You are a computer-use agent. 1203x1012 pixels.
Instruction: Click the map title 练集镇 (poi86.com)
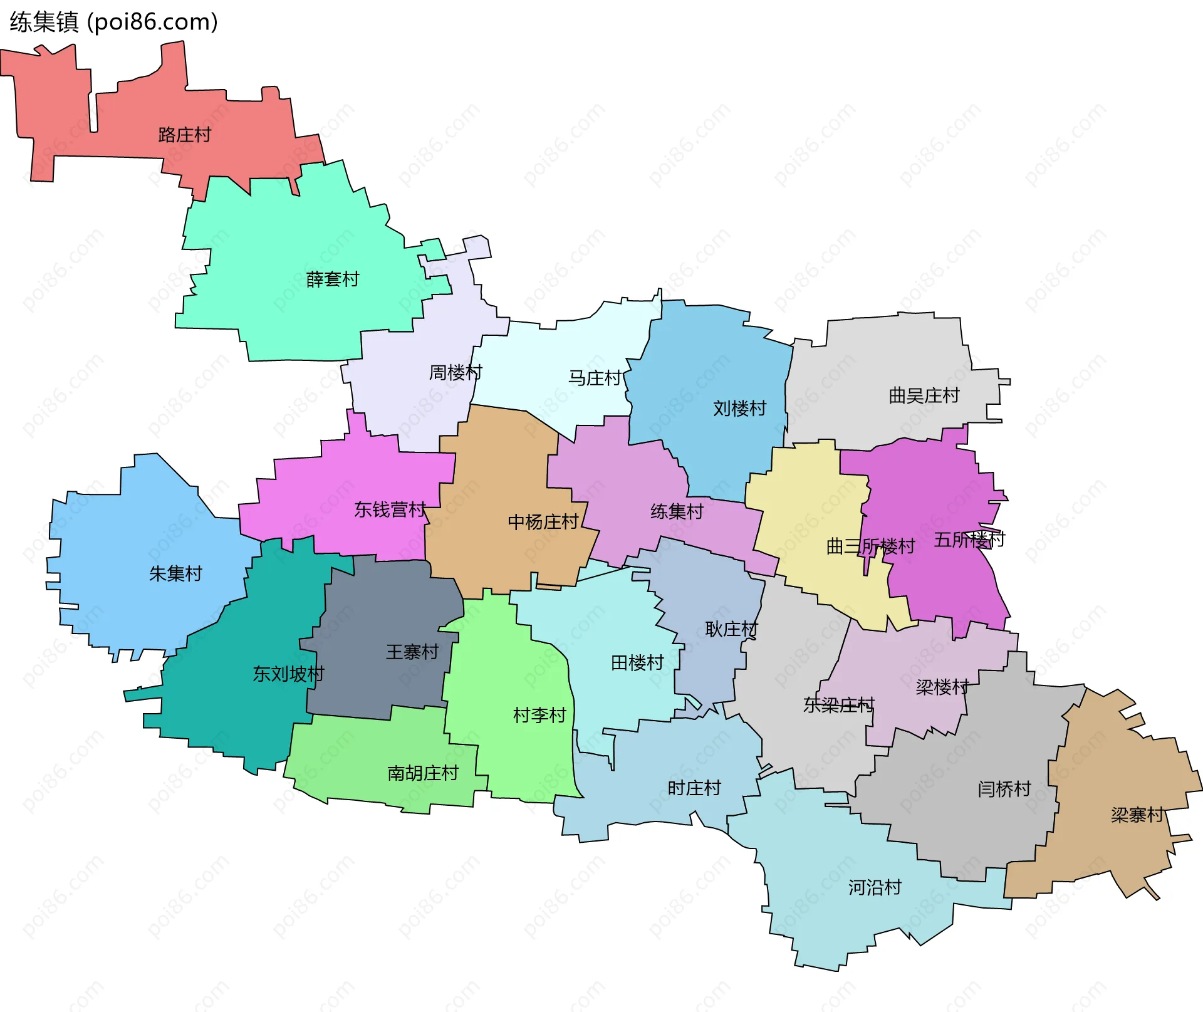[x=113, y=23]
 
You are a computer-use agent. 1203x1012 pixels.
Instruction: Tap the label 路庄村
[x=185, y=135]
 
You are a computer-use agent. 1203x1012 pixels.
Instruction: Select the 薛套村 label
[x=333, y=279]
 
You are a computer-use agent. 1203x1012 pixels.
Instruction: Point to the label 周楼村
[x=456, y=373]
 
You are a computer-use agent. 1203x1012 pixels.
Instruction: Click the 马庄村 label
[x=595, y=378]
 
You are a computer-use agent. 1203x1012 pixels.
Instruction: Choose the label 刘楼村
[x=740, y=409]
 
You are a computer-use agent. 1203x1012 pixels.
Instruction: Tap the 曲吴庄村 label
[x=924, y=395]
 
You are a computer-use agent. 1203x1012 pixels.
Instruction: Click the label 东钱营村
[x=390, y=509]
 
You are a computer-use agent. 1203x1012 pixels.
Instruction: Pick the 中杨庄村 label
[x=543, y=522]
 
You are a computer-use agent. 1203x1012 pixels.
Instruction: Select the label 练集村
[x=677, y=511]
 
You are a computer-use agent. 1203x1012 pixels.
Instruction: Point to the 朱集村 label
[x=176, y=573]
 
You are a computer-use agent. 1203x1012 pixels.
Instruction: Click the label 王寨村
[x=412, y=652]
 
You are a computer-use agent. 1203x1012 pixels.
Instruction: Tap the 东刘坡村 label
[x=288, y=674]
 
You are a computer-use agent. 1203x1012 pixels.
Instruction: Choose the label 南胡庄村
[x=423, y=773]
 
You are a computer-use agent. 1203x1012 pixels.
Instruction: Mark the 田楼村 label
[x=637, y=662]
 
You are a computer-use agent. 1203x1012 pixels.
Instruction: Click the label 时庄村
[x=695, y=788]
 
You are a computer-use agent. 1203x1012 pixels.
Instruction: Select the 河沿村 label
[x=875, y=887]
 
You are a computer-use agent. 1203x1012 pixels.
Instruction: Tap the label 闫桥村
[x=1004, y=788]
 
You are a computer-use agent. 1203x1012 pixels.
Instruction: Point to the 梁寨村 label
[x=1138, y=815]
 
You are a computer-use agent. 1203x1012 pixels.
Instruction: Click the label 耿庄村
[x=732, y=629]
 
